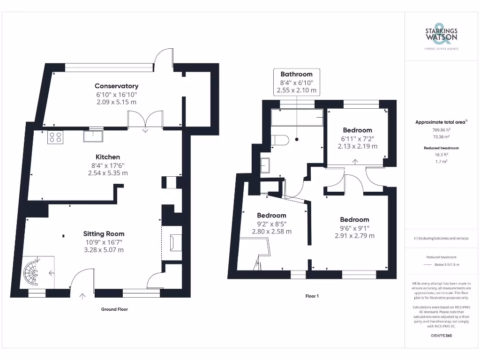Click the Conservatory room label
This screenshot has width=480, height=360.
116,86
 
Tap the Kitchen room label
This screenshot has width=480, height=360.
108,157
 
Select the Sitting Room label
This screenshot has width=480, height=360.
104,234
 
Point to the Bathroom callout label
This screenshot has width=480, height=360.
297,74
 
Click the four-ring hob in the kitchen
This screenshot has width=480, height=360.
55,137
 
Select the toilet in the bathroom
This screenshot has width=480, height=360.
280,140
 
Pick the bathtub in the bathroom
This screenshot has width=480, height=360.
297,117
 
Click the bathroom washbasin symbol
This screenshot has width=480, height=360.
265,165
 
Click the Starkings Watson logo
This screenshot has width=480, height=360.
441,35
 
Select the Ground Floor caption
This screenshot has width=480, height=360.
114,309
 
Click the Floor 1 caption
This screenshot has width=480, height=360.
312,296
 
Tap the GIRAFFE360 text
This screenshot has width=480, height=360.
441,336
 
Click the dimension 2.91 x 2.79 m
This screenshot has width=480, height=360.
354,236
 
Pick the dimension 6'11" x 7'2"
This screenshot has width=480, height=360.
357,139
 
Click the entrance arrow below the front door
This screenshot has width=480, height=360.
82,296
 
